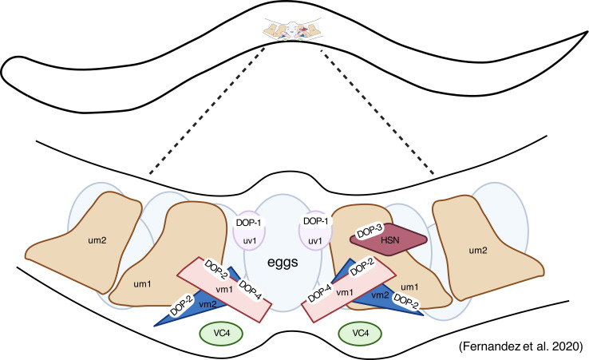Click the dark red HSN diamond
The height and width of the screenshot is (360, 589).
(x=389, y=239)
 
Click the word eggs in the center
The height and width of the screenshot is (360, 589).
(x=283, y=263)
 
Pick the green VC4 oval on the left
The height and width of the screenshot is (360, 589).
(x=222, y=333)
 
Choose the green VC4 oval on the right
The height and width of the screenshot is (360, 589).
(x=360, y=333)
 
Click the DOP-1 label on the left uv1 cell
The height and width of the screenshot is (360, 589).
(x=248, y=223)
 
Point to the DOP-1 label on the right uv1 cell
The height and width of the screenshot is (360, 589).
(x=315, y=221)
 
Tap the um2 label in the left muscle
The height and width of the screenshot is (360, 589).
(x=97, y=240)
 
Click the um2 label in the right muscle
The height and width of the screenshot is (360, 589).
(x=478, y=251)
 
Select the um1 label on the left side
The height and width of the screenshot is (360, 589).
(x=142, y=284)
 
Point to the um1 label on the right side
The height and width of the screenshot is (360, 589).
(x=409, y=287)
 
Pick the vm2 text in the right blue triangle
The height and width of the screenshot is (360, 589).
(x=380, y=295)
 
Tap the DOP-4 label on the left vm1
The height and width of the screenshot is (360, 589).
(x=250, y=290)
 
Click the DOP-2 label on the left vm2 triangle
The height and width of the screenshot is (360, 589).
(x=182, y=305)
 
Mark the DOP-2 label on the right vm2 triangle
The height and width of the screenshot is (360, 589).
(x=406, y=301)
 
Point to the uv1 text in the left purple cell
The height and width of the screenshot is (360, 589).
(x=250, y=240)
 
